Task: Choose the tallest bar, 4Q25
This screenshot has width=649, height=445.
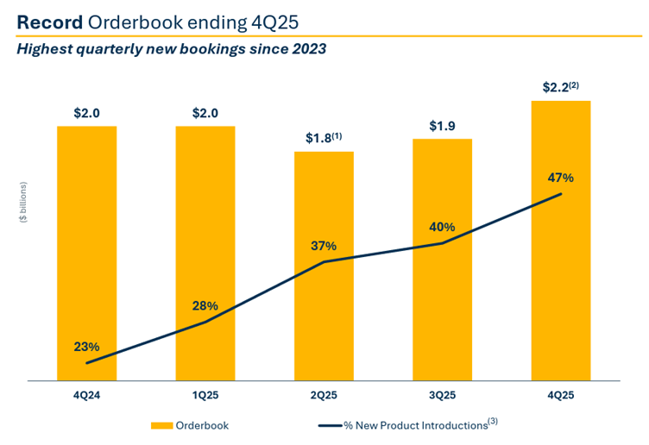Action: pyautogui.click(x=561, y=285)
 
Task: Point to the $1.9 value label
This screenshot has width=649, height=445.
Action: pyautogui.click(x=443, y=126)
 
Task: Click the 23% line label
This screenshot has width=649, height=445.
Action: pyautogui.click(x=86, y=347)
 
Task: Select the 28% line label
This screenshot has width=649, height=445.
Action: pyautogui.click(x=205, y=306)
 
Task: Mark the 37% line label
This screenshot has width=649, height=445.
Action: pyautogui.click(x=324, y=246)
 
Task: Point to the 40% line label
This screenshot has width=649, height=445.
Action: pyautogui.click(x=443, y=227)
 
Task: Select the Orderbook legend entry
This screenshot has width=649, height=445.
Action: pyautogui.click(x=190, y=425)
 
